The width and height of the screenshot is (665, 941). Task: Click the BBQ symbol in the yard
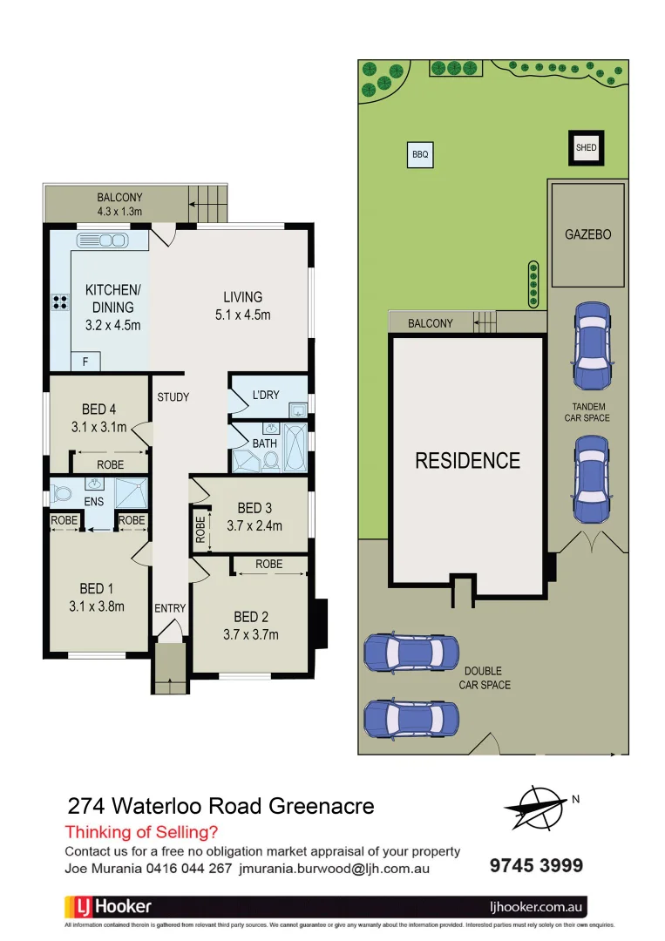tap(420, 155)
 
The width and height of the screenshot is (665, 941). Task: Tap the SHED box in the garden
tap(587, 148)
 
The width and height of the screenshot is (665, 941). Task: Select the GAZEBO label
tap(587, 234)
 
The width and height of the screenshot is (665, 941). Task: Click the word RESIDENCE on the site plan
tap(467, 460)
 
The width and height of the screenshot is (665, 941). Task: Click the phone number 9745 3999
tap(535, 865)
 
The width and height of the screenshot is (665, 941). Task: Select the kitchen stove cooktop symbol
tap(60, 302)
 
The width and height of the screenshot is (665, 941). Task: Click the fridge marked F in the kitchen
tap(85, 361)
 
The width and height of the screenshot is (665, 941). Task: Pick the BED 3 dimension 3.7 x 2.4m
tap(254, 525)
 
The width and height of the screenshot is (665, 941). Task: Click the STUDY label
tap(173, 397)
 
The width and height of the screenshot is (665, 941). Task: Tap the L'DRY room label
tap(266, 395)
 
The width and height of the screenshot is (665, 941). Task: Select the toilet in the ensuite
tap(61, 495)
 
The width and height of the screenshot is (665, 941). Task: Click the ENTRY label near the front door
tap(170, 608)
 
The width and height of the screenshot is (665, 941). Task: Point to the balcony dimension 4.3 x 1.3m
tap(119, 211)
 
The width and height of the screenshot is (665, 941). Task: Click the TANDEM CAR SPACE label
tap(589, 412)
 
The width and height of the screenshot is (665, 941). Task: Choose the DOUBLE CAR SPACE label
tap(485, 678)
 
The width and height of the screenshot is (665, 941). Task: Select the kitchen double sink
tap(102, 240)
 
